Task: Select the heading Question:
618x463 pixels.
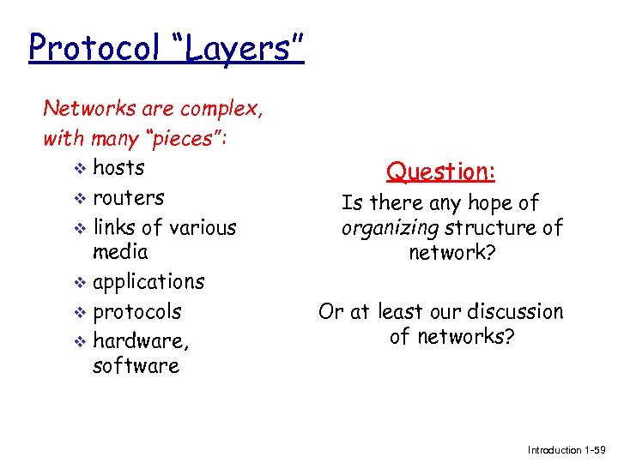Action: [441, 171]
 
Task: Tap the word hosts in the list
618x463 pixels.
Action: [118, 167]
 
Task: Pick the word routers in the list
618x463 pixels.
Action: [128, 197]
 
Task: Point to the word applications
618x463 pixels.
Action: [148, 282]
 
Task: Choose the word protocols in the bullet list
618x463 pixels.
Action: [136, 311]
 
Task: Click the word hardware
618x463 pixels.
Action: [140, 341]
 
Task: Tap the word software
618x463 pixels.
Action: [136, 366]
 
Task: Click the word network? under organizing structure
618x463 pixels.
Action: [451, 253]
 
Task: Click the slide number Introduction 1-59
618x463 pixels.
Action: [566, 450]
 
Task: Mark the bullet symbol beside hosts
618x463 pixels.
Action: [80, 168]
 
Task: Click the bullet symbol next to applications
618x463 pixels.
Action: [80, 282]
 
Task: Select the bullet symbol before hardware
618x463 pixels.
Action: [80, 341]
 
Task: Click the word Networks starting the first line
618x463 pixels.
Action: [85, 109]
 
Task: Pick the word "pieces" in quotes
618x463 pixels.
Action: [180, 138]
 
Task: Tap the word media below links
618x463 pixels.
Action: [120, 252]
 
